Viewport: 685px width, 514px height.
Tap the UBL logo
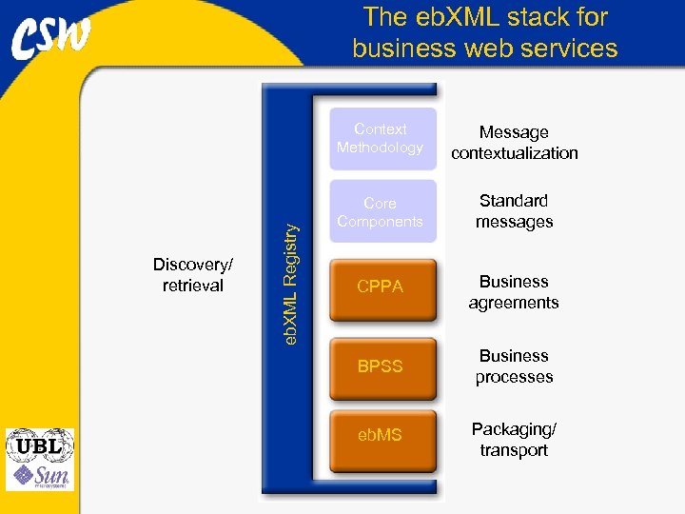[39, 445]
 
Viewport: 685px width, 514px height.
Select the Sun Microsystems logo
[39, 476]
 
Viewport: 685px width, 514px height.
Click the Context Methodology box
[381, 139]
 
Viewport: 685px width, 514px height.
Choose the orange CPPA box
[381, 287]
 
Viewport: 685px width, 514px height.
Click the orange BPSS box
[381, 366]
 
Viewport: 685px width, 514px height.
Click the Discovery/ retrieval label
[193, 275]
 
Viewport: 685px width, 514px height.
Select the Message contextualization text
[514, 143]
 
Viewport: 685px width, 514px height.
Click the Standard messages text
[514, 211]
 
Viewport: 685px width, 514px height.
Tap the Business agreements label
[514, 292]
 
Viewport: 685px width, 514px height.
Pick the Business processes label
[514, 366]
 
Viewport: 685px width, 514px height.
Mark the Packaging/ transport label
[514, 440]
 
